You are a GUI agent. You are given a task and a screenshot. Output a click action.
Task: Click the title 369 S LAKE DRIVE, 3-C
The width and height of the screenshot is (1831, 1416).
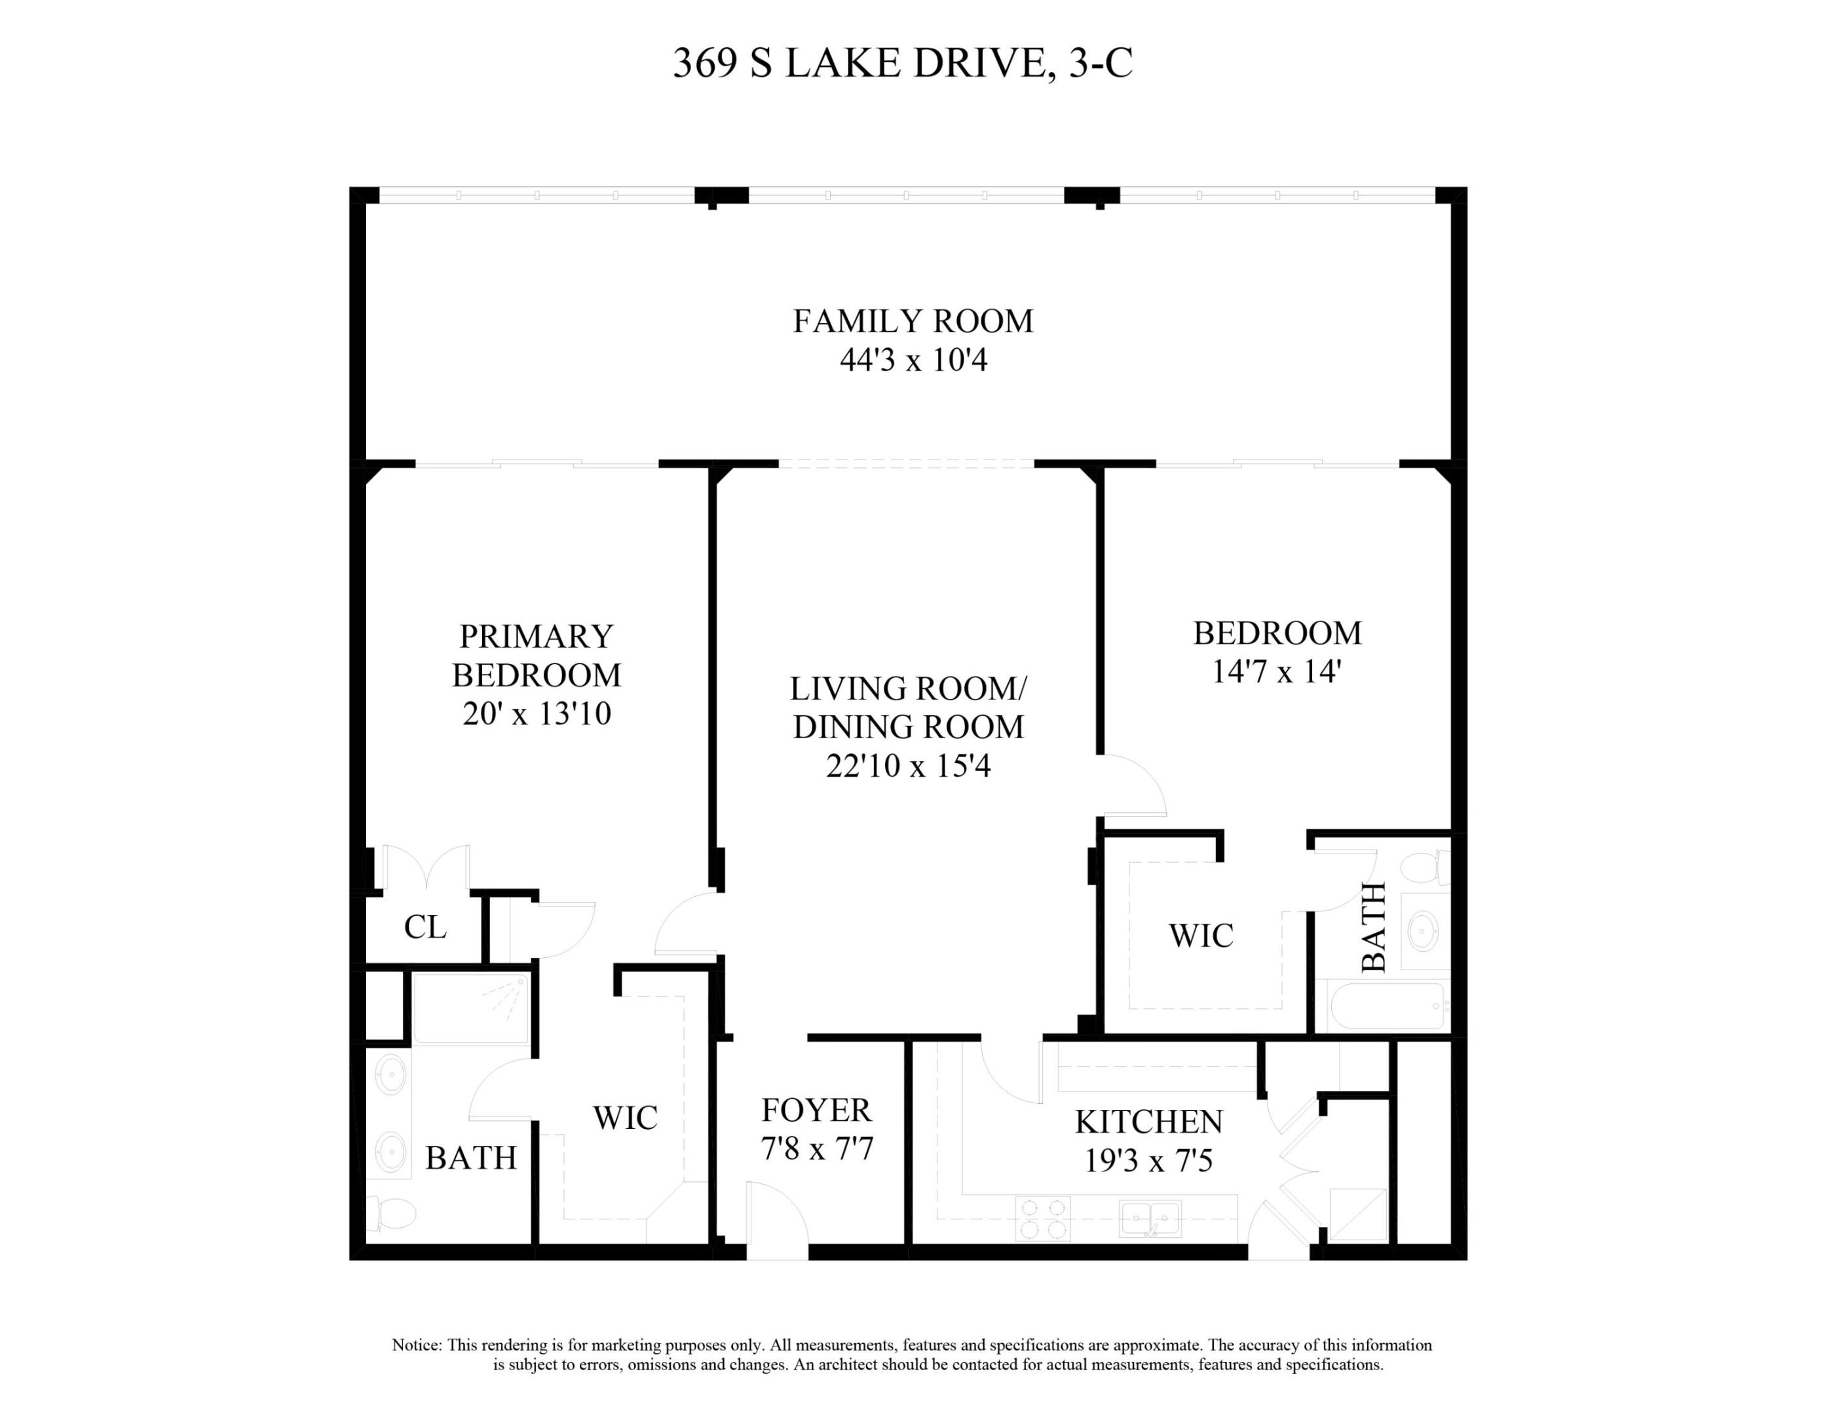tap(902, 63)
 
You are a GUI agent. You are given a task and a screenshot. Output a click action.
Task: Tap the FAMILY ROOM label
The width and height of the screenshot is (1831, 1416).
tap(913, 321)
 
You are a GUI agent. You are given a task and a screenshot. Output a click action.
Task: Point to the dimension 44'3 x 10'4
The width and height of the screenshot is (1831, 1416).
tap(913, 360)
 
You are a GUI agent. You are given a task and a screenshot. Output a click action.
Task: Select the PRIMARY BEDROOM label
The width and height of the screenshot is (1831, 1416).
tap(537, 655)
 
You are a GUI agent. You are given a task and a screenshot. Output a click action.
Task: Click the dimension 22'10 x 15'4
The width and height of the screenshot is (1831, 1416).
tap(908, 766)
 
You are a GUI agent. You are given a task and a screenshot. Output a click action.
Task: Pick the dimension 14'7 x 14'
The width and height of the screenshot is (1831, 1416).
tap(1276, 671)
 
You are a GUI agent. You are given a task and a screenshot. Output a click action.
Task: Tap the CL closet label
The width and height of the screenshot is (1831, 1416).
tap(425, 927)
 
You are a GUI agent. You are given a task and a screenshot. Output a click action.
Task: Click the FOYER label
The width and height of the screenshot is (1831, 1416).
tap(816, 1110)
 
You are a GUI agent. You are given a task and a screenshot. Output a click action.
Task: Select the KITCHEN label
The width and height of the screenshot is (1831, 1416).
tap(1148, 1122)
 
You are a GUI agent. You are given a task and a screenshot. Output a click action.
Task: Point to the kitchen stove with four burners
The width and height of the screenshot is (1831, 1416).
tap(1043, 1218)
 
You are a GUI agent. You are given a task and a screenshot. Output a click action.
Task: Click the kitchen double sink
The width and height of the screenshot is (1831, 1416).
tap(1150, 1218)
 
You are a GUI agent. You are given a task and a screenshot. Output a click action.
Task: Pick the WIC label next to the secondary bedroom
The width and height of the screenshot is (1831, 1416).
tap(1201, 935)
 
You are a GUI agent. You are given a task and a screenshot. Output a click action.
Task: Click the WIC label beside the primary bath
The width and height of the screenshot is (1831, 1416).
tap(624, 1117)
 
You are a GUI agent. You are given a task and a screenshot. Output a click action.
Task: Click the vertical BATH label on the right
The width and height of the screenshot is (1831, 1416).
tap(1373, 927)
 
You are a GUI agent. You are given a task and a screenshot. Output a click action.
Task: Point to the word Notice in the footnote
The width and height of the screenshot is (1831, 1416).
tap(416, 1345)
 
